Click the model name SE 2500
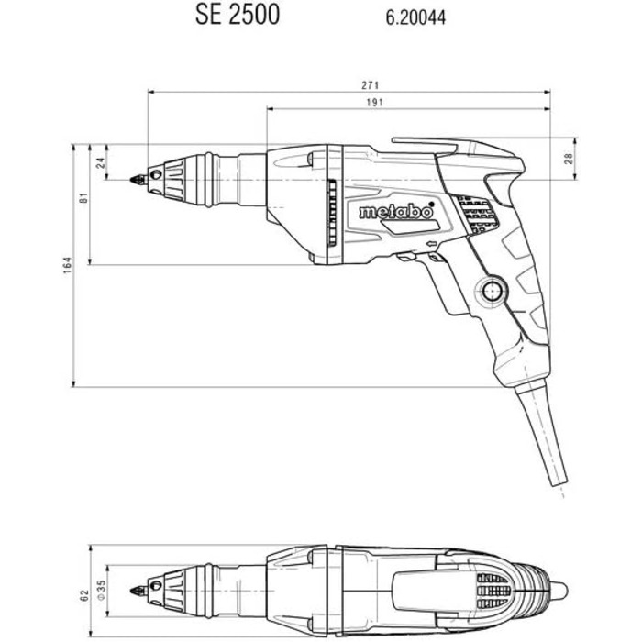[238, 16]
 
